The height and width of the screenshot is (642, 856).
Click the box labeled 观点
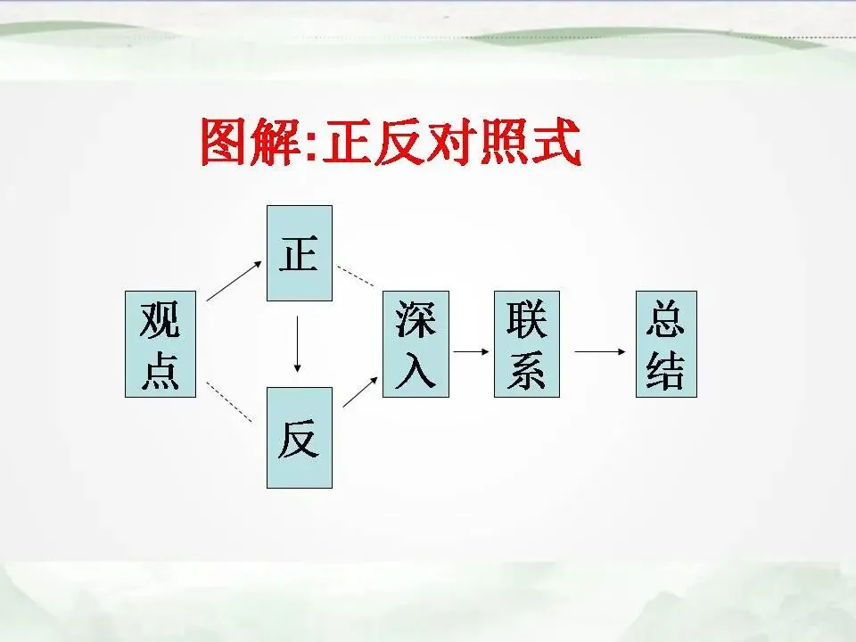click(x=160, y=344)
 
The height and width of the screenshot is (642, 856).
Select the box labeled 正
click(x=300, y=253)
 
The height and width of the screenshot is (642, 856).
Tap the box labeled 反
click(x=300, y=438)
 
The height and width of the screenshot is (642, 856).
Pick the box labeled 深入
click(x=416, y=344)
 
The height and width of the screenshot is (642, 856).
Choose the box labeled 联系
click(x=526, y=344)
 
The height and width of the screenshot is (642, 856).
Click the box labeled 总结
click(x=666, y=344)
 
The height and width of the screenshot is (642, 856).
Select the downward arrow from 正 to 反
click(x=299, y=343)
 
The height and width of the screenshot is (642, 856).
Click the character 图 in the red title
click(x=224, y=143)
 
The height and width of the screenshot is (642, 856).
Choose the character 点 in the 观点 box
click(x=160, y=370)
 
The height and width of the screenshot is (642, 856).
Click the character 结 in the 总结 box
click(x=666, y=370)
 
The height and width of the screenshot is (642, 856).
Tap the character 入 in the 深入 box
click(x=416, y=370)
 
